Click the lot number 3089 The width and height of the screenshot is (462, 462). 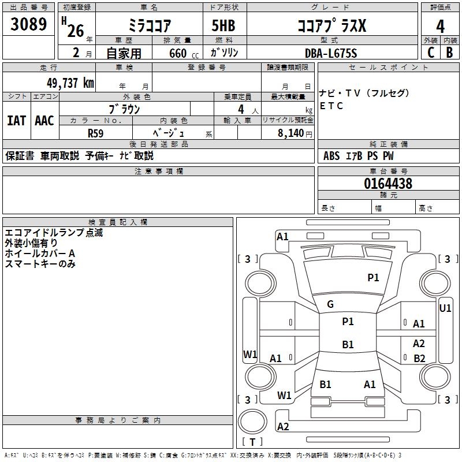(29, 25)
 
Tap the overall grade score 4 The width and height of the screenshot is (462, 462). (441, 26)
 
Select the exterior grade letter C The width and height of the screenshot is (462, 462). (431, 53)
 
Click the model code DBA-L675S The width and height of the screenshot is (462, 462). (331, 53)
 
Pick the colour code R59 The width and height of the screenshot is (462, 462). (96, 132)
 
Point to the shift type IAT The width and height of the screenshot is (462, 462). (16, 120)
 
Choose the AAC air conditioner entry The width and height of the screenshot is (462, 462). (44, 120)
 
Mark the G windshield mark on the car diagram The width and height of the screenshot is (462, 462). (330, 304)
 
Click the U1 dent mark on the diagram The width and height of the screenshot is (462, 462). (445, 308)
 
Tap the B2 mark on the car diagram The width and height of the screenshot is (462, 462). (419, 358)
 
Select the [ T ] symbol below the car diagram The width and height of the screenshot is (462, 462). (252, 442)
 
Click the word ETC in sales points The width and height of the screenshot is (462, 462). (331, 106)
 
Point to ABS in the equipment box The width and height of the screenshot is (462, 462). (331, 156)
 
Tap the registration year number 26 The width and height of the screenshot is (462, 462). (75, 31)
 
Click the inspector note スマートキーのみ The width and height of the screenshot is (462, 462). (40, 264)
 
